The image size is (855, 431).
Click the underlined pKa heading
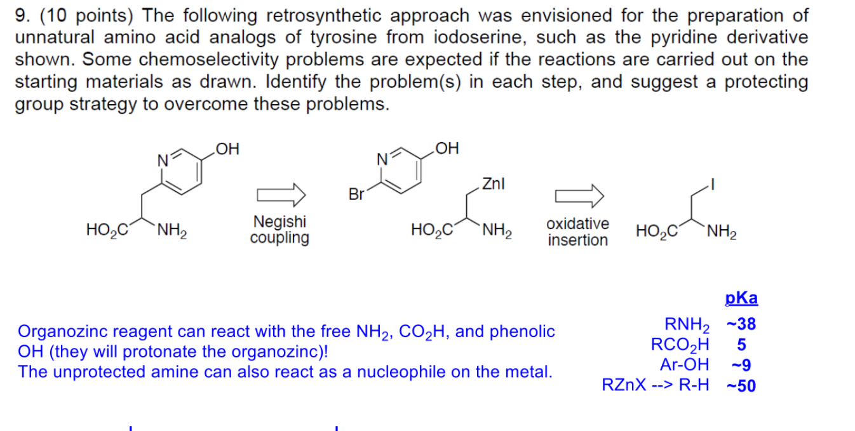tap(741, 299)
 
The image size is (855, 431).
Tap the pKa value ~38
tap(741, 324)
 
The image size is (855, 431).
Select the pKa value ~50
tap(741, 385)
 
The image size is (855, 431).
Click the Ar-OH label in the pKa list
tap(685, 364)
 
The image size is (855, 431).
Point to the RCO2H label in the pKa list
tap(680, 345)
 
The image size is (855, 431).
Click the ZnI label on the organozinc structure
tap(494, 184)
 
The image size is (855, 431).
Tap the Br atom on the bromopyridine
tap(357, 194)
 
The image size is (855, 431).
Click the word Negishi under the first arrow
tap(279, 222)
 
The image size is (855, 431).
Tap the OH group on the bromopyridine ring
tap(448, 149)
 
